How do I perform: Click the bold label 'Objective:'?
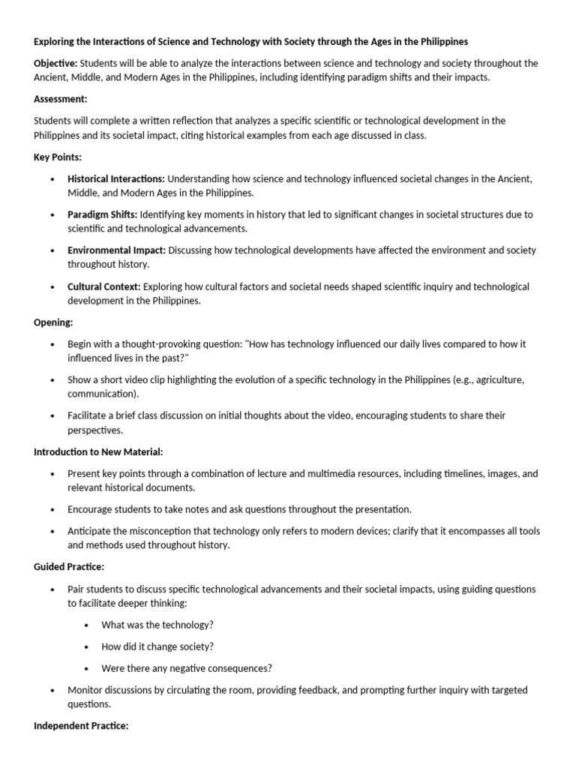[55, 63]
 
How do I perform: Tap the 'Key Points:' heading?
[57, 156]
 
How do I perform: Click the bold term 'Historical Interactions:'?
[116, 178]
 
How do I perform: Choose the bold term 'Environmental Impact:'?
[117, 250]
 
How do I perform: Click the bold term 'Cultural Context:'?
[104, 286]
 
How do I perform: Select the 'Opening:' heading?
[53, 322]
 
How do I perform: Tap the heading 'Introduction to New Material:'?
[98, 451]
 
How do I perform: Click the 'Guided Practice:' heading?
[69, 567]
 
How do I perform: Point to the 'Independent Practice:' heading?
[81, 726]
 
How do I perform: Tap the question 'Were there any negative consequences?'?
[187, 668]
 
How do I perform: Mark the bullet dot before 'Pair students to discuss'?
[52, 589]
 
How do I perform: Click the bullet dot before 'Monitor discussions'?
[52, 690]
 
